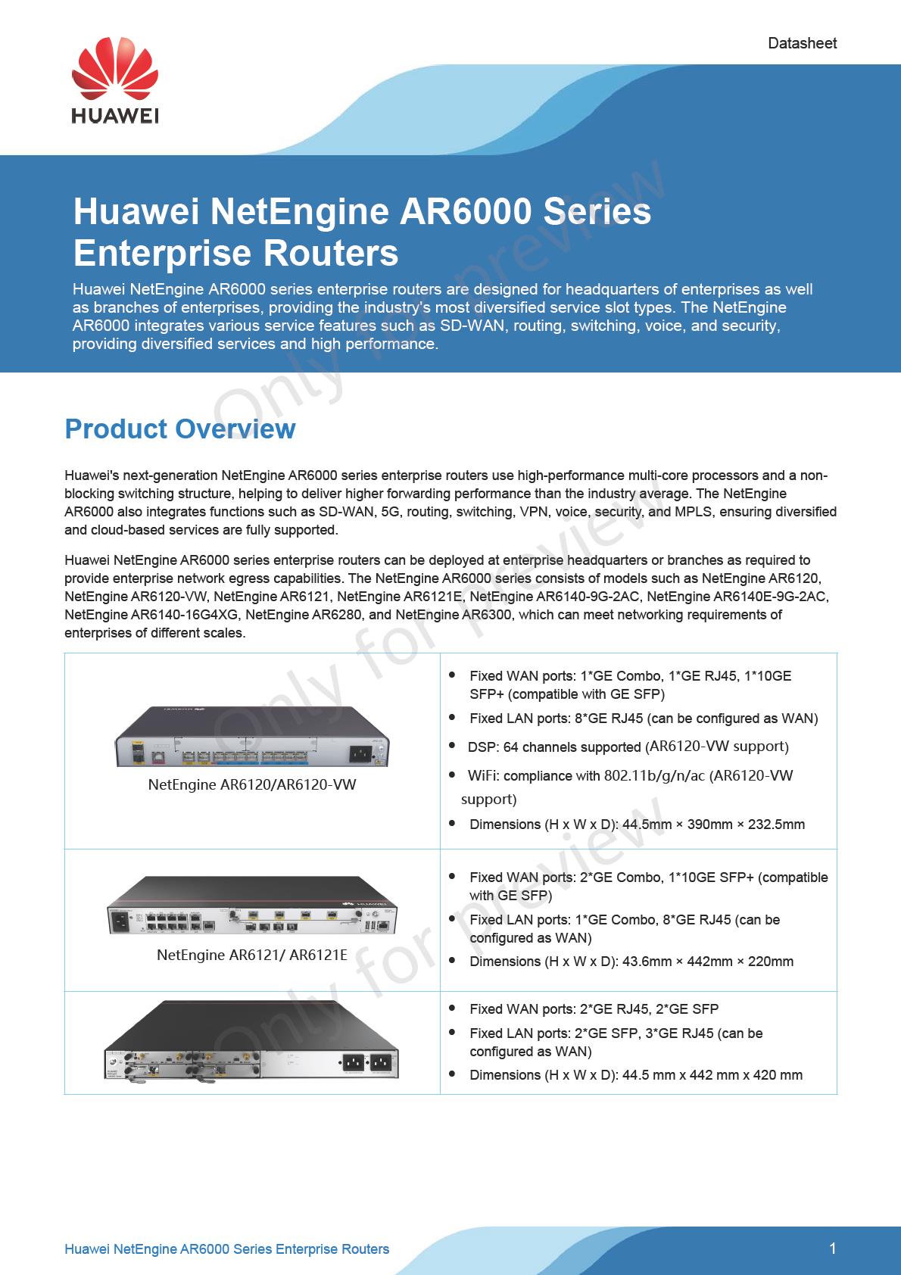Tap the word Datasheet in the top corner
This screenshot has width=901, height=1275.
click(x=802, y=43)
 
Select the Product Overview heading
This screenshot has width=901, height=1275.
click(x=179, y=429)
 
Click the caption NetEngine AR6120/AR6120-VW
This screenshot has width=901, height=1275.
click(x=252, y=784)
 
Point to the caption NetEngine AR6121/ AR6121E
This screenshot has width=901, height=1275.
click(x=252, y=955)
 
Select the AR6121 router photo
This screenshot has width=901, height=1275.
click(x=252, y=906)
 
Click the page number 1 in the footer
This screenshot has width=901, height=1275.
click(x=833, y=1249)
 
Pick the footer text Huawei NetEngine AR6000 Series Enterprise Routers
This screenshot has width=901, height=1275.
click(x=227, y=1249)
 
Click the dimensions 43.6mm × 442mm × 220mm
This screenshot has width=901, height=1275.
click(x=708, y=962)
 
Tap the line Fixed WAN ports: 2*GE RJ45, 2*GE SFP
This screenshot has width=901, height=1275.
click(x=594, y=1008)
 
